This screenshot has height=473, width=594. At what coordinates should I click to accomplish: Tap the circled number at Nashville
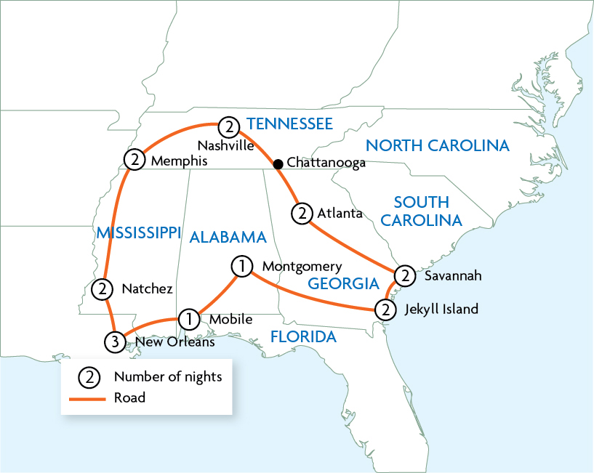pyautogui.click(x=229, y=127)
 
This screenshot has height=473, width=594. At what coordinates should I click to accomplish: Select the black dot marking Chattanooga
pyautogui.click(x=278, y=164)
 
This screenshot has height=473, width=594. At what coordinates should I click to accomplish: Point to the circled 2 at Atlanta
pyautogui.click(x=302, y=214)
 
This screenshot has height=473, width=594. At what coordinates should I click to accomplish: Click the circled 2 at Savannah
pyautogui.click(x=404, y=276)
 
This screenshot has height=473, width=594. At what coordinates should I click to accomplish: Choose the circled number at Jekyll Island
pyautogui.click(x=385, y=310)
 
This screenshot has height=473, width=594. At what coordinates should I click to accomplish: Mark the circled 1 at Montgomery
pyautogui.click(x=241, y=266)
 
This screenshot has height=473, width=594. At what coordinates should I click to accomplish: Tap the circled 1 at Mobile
pyautogui.click(x=188, y=318)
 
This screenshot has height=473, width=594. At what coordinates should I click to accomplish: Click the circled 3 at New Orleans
pyautogui.click(x=115, y=341)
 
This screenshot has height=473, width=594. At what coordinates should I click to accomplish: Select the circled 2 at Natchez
pyautogui.click(x=103, y=289)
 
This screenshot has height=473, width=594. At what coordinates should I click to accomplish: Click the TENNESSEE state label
pyautogui.click(x=289, y=124)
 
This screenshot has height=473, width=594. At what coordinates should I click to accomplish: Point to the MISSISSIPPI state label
pyautogui.click(x=138, y=233)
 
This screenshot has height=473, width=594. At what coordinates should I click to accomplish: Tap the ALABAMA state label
pyautogui.click(x=229, y=237)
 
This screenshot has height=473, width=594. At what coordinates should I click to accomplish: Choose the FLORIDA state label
pyautogui.click(x=303, y=337)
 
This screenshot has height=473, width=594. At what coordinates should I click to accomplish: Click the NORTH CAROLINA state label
pyautogui.click(x=437, y=146)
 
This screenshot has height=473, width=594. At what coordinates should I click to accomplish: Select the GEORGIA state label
pyautogui.click(x=343, y=283)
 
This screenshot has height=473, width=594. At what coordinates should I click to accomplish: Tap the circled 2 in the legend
pyautogui.click(x=88, y=376)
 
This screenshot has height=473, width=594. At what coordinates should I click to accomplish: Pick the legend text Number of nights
pyautogui.click(x=168, y=376)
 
